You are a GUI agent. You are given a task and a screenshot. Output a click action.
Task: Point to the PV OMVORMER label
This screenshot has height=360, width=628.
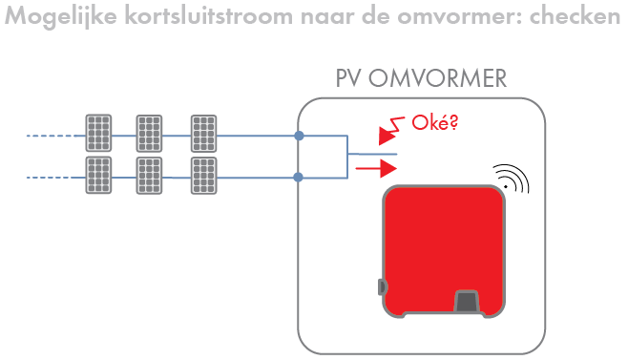tap(421, 78)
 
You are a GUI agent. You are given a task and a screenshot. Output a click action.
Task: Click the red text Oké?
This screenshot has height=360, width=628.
tap(433, 123)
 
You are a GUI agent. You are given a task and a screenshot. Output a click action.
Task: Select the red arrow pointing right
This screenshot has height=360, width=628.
tap(376, 169)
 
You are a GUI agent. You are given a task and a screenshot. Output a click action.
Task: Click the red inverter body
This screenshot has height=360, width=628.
tap(443, 244)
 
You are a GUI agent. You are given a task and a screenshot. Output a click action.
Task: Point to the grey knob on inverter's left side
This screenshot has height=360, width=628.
tap(383, 286)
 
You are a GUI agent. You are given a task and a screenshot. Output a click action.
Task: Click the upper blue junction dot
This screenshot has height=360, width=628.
tap(300, 137)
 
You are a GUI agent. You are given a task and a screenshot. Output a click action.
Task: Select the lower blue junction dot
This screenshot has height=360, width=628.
tap(300, 177)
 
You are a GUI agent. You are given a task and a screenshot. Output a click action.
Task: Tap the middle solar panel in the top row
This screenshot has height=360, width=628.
tap(149, 133)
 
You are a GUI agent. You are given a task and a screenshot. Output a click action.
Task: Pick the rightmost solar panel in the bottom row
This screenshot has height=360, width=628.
tap(203, 175)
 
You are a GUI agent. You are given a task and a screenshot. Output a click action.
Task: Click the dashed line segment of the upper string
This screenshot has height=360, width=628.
tap(53, 137)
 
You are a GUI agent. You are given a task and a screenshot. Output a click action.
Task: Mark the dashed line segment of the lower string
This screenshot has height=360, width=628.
tap(53, 177)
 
